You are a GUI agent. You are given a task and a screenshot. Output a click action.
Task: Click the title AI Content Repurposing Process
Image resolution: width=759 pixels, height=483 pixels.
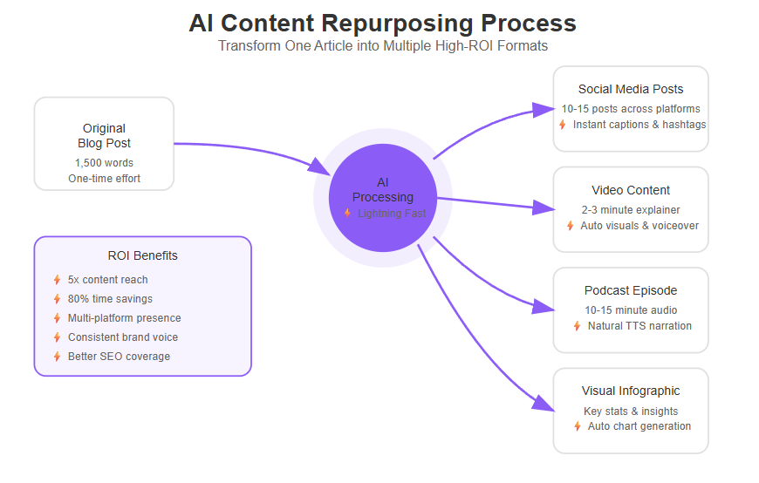[382, 24]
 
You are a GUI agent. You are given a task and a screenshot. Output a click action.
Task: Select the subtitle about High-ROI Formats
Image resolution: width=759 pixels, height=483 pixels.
[382, 46]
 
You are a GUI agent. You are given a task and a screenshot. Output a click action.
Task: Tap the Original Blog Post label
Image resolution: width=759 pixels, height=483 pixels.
[104, 136]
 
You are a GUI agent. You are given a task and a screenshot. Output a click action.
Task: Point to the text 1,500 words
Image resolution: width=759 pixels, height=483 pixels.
[104, 163]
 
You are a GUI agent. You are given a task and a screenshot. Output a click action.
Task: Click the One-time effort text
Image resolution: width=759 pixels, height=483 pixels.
[104, 179]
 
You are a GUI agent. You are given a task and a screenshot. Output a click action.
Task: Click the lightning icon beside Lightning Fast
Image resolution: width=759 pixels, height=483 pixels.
[347, 213]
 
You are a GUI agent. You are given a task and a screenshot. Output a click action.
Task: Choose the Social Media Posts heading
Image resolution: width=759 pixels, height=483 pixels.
[631, 89]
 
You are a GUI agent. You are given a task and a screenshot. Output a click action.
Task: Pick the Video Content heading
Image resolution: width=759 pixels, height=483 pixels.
[631, 190]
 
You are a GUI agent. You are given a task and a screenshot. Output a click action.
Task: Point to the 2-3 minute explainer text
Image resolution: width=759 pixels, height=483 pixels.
[631, 210]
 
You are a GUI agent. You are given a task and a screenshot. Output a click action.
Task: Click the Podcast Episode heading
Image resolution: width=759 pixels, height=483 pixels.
[631, 290]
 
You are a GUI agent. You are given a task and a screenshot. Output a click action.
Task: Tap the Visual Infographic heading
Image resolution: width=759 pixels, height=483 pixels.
[631, 391]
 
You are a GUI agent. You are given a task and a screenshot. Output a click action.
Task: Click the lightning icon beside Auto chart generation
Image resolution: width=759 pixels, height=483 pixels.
[577, 426]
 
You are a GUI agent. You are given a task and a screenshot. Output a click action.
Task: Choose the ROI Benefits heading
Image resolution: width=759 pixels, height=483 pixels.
[142, 255]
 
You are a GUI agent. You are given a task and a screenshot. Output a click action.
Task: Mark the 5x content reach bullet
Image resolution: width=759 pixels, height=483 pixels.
[107, 280]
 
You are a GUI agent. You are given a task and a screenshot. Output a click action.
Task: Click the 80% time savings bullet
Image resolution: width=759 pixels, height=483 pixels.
[110, 299]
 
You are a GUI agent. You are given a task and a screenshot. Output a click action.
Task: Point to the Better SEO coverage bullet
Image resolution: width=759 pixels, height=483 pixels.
[119, 357]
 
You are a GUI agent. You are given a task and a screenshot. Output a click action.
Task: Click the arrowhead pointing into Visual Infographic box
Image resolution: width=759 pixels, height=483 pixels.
[544, 403]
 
